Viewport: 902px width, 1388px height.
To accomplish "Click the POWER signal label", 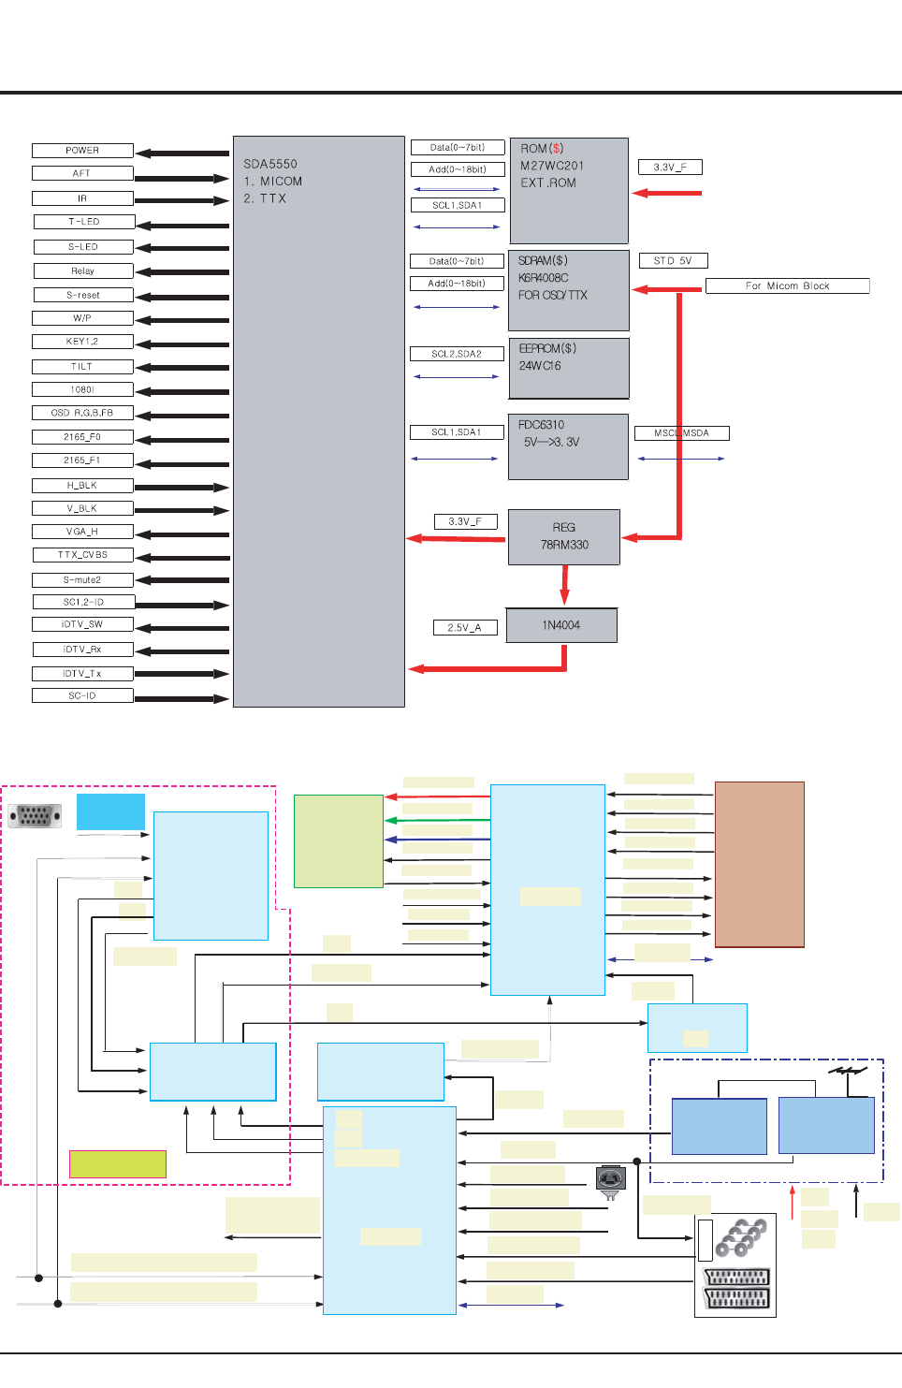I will pyautogui.click(x=82, y=151).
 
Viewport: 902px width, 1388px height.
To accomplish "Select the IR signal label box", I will pyautogui.click(x=82, y=198).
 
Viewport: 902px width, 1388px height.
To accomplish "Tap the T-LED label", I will pyautogui.click(x=84, y=222).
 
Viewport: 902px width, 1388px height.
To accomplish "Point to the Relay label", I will pyautogui.click(x=83, y=271).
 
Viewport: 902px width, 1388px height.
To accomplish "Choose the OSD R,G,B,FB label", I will pyautogui.click(x=82, y=413).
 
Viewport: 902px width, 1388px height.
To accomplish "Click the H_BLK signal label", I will pyautogui.click(x=82, y=486).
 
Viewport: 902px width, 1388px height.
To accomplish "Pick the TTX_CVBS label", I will pyautogui.click(x=82, y=555).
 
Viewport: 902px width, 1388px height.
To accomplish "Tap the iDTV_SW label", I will pyautogui.click(x=82, y=624).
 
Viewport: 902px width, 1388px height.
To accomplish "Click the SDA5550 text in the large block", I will pyautogui.click(x=270, y=164).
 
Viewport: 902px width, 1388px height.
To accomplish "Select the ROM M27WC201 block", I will pyautogui.click(x=569, y=191).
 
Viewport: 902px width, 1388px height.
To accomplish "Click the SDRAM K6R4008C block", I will pyautogui.click(x=568, y=290).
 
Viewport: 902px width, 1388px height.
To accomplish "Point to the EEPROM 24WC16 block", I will pyautogui.click(x=568, y=368).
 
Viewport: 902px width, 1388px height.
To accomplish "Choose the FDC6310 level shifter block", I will pyautogui.click(x=568, y=446).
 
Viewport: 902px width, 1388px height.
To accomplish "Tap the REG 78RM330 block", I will pyautogui.click(x=564, y=536).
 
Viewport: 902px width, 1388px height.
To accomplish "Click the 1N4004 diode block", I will pyautogui.click(x=561, y=625).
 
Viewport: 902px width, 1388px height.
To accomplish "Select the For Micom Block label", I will pyautogui.click(x=787, y=286).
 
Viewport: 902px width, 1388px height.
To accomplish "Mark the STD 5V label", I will pyautogui.click(x=673, y=261).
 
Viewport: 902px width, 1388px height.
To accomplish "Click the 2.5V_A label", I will pyautogui.click(x=464, y=627).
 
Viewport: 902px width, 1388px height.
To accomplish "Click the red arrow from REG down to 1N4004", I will pyautogui.click(x=564, y=584).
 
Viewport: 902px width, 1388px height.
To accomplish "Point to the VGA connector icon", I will pyautogui.click(x=35, y=816).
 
